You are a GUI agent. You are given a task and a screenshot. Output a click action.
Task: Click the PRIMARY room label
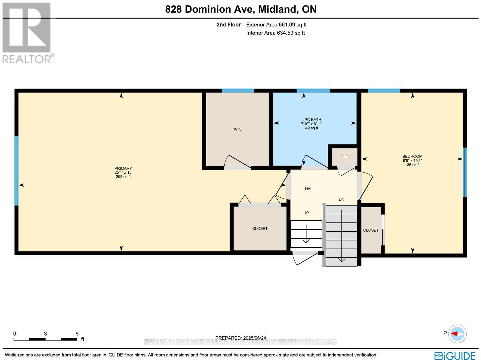(123, 168)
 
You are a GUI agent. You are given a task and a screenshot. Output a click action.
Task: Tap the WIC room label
(237, 129)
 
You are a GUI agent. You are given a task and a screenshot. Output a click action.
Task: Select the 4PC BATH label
(311, 120)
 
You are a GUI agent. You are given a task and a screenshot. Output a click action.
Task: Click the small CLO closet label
(345, 157)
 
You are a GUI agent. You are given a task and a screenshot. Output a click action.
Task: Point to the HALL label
(310, 189)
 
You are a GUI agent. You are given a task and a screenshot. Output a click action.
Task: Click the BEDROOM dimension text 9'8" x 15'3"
(412, 160)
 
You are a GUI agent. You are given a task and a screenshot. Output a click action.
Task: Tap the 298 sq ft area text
(123, 177)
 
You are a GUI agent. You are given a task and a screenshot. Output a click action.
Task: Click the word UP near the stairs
(306, 213)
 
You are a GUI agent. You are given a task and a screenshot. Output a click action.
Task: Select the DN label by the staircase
(342, 199)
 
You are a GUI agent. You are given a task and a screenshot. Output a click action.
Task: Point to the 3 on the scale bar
(45, 334)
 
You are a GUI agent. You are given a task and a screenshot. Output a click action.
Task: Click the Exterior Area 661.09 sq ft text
(276, 25)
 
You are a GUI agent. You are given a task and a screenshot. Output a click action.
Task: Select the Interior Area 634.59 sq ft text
(275, 33)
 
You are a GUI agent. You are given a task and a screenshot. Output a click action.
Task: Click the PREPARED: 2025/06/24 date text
(240, 338)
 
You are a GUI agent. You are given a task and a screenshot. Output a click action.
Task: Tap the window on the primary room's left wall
(17, 171)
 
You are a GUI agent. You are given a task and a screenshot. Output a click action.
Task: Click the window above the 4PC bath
(313, 90)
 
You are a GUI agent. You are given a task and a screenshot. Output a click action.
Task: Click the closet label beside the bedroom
(371, 230)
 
